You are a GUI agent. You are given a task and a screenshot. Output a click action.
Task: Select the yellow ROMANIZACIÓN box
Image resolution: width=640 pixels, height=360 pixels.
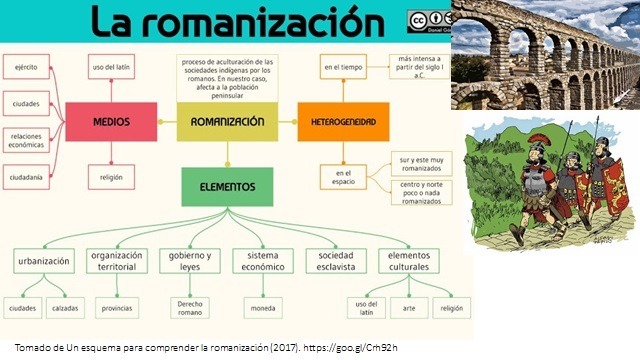(226, 121)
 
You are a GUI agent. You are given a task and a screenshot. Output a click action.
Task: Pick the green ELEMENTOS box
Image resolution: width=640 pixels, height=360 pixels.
(227, 186)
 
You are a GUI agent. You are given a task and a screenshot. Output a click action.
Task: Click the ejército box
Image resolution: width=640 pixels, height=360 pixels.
(27, 68)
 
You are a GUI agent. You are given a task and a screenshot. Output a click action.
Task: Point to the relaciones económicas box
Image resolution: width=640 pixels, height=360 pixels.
(27, 139)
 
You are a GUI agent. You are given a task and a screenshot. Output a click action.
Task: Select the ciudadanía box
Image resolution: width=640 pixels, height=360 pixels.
(27, 177)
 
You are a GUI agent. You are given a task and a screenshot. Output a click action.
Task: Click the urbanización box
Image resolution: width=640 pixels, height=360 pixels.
(43, 261)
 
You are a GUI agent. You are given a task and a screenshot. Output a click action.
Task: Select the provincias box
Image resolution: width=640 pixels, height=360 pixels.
(118, 308)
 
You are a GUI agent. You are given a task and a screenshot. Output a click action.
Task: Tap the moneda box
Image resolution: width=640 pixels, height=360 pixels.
(262, 308)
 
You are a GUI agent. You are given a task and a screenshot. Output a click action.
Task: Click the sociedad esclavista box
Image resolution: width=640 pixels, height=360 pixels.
(335, 261)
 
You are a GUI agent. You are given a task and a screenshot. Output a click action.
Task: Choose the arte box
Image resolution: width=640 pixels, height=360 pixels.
(408, 308)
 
